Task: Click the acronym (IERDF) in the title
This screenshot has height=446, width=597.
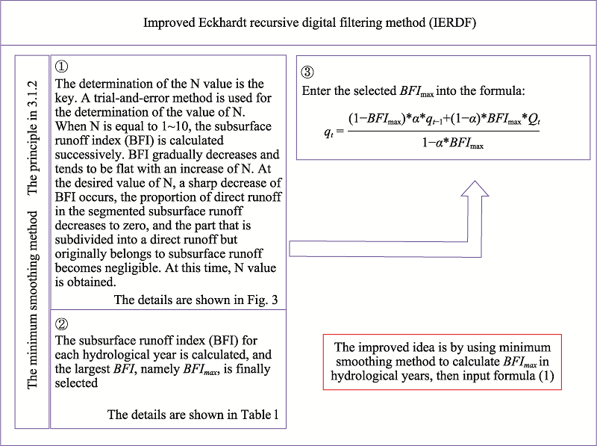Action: [452, 23]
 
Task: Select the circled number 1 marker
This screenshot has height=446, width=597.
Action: [62, 66]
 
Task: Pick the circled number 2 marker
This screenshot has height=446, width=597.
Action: [62, 324]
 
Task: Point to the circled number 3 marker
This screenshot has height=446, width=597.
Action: [307, 72]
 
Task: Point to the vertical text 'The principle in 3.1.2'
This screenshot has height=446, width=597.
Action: [33, 137]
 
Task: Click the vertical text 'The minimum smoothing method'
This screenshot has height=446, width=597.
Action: [33, 300]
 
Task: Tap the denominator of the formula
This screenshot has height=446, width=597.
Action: [453, 143]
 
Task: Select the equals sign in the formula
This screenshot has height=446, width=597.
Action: [340, 131]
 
